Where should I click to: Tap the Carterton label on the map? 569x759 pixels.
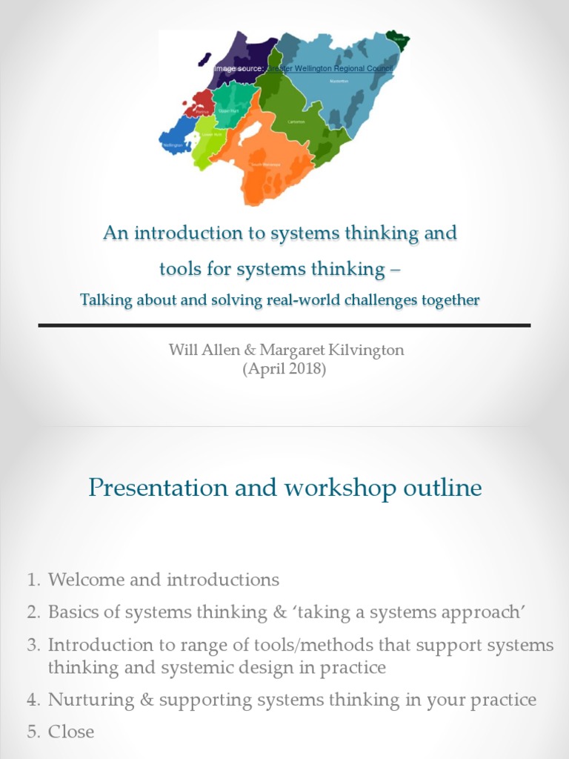click(296, 122)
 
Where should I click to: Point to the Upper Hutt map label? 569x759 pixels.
click(229, 110)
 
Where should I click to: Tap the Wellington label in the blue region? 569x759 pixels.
click(173, 145)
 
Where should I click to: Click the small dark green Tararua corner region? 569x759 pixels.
click(401, 40)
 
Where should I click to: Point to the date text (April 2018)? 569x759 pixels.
click(284, 368)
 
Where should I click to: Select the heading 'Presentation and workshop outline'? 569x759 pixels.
click(284, 488)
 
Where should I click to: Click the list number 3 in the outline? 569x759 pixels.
click(33, 645)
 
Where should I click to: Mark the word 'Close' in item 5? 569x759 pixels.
click(71, 732)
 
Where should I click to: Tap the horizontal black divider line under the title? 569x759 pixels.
click(284, 325)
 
